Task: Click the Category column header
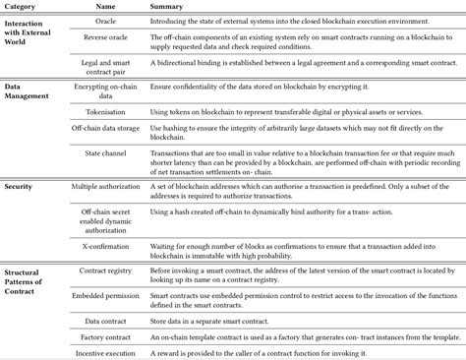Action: (23, 6)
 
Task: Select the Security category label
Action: (21, 184)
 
